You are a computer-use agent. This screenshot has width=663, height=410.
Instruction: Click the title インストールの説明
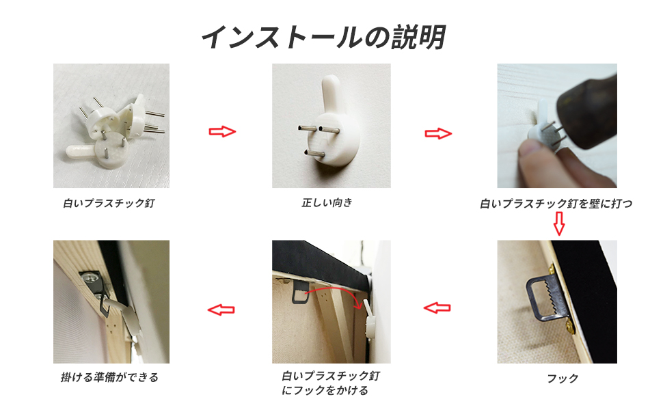pyautogui.click(x=323, y=38)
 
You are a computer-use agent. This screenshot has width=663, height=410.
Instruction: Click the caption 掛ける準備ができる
pyautogui.click(x=109, y=377)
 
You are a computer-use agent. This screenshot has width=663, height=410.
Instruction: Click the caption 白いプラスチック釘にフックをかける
pyautogui.click(x=331, y=383)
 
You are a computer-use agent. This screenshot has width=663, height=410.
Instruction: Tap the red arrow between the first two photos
pyautogui.click(x=222, y=131)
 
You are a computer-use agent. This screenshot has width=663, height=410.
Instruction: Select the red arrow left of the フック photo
pyautogui.click(x=437, y=308)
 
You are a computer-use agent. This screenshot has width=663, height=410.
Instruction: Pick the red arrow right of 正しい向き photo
pyautogui.click(x=438, y=133)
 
